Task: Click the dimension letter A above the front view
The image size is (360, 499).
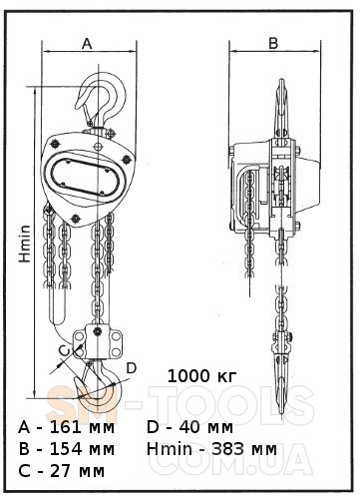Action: [x=87, y=43]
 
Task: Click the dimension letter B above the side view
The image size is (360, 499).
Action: [x=273, y=43]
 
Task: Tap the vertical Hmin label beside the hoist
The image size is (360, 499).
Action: [x=25, y=244]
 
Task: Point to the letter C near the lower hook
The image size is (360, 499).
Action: [x=64, y=350]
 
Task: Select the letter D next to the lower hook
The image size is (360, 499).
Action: [x=132, y=368]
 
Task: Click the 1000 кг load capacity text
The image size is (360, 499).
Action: [x=202, y=376]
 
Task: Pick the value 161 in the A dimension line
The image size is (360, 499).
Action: [x=66, y=427]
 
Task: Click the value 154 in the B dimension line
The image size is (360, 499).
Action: [x=66, y=449]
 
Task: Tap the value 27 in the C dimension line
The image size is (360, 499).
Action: [x=60, y=471]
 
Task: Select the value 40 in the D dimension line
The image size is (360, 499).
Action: [x=189, y=427]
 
